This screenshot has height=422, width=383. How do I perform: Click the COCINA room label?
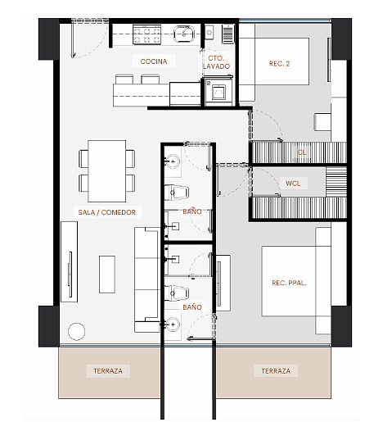coord(154,61)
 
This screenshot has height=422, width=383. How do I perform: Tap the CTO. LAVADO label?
coord(216,62)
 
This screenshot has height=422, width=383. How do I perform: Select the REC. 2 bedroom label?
coord(279,64)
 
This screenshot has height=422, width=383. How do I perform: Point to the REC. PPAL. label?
coord(289,283)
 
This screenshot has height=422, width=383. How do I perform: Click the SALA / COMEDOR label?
coord(107,212)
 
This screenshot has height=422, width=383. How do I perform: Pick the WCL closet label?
coord(293,184)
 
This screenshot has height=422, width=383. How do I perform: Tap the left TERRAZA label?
coord(108,371)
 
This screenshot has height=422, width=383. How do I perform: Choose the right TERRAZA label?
coord(276,371)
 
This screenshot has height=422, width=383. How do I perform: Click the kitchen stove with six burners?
coord(146,34)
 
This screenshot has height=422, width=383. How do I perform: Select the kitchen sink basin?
coord(184,34)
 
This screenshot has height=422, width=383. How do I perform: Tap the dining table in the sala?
coord(107,171)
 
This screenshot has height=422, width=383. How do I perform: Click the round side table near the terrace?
coord(76,331)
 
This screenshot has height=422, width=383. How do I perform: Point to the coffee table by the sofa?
coord(107,275)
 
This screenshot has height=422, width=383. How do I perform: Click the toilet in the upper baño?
coord(177,193)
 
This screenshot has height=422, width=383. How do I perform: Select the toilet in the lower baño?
coord(177,293)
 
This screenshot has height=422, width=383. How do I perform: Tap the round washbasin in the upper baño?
coord(173,161)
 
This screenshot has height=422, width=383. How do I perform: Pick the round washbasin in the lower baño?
coord(173,324)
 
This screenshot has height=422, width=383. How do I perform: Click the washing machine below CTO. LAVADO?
coord(219,92)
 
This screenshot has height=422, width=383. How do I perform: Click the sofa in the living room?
coord(146,279)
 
